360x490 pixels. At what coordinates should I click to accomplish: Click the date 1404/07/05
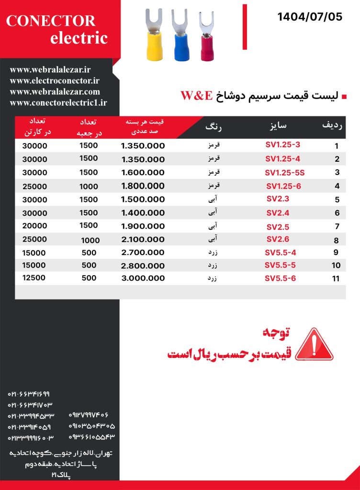coord(310,17)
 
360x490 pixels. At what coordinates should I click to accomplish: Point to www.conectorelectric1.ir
coord(58,102)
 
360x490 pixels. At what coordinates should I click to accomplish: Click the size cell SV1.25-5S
coord(284,172)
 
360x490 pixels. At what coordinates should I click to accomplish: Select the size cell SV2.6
coord(278,239)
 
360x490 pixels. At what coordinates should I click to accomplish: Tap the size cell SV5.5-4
coord(281,252)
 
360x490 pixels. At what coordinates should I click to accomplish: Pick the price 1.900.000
coord(143,226)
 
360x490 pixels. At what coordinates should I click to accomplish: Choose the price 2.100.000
coord(143,240)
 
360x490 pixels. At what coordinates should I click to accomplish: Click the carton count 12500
coord(34,278)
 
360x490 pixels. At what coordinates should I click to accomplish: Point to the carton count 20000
coord(34,226)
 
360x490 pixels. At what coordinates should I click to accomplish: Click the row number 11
coord(336,278)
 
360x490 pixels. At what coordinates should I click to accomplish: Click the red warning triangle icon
coord(314,344)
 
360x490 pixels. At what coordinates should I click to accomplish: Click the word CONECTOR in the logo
coord(51,21)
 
